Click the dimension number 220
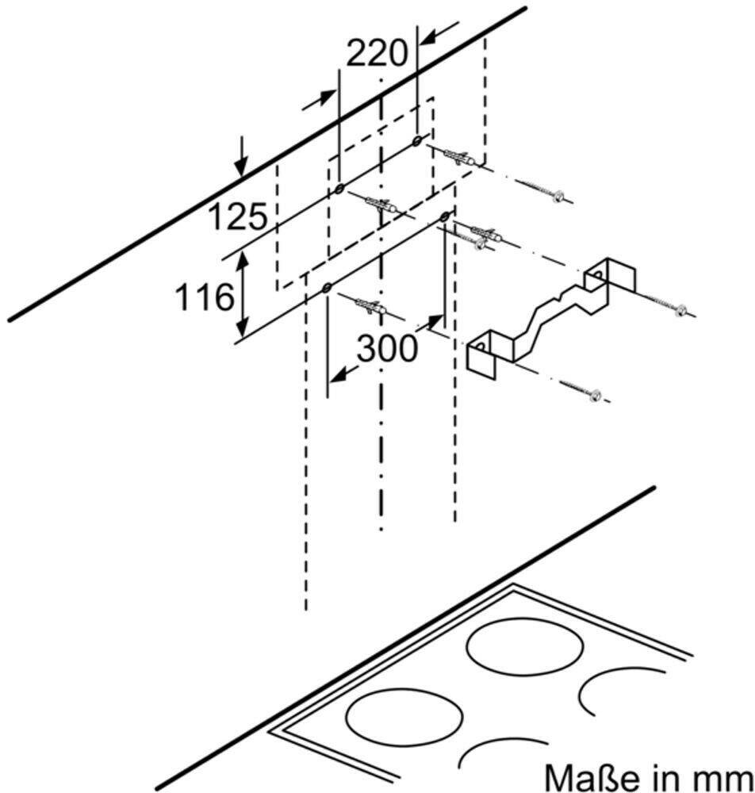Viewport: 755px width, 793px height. point(377,53)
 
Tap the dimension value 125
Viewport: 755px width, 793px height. point(237,216)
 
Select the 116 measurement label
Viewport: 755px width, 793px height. point(205,297)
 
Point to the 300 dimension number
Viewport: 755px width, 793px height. point(387,348)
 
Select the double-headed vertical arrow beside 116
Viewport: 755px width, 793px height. point(243,294)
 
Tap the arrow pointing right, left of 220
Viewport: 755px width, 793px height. point(319,100)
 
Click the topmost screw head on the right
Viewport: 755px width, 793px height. point(558,196)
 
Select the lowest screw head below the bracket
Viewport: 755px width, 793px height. point(596,395)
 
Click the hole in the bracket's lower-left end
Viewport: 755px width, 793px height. point(480,347)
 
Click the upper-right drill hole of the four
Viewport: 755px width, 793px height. point(416,140)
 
